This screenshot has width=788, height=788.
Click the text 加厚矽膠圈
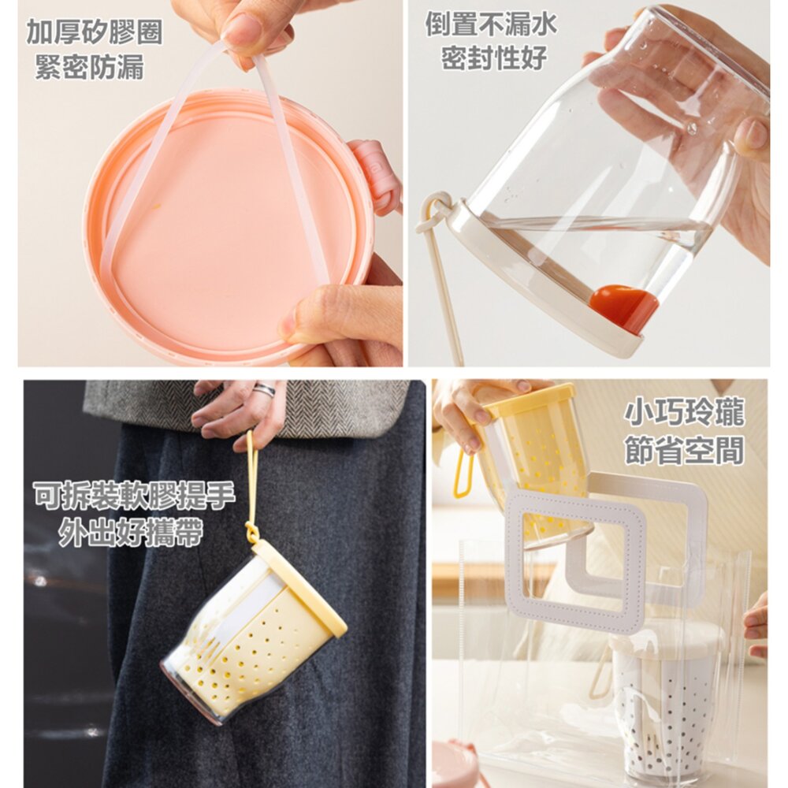[94, 32]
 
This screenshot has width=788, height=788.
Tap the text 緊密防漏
[90, 67]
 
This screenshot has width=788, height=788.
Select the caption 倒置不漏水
[492, 24]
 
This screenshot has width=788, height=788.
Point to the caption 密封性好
[494, 58]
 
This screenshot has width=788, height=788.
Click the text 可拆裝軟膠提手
[134, 495]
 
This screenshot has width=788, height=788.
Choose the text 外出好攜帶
[130, 532]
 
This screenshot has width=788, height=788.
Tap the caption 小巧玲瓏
[684, 413]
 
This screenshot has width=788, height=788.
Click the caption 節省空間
[684, 450]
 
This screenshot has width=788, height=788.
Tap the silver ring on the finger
[264, 390]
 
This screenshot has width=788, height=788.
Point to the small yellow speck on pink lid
[157, 205]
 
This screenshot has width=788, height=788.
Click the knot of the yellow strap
[251, 532]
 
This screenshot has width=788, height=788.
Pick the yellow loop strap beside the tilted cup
[463, 473]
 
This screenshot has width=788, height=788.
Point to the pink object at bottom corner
[455, 764]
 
